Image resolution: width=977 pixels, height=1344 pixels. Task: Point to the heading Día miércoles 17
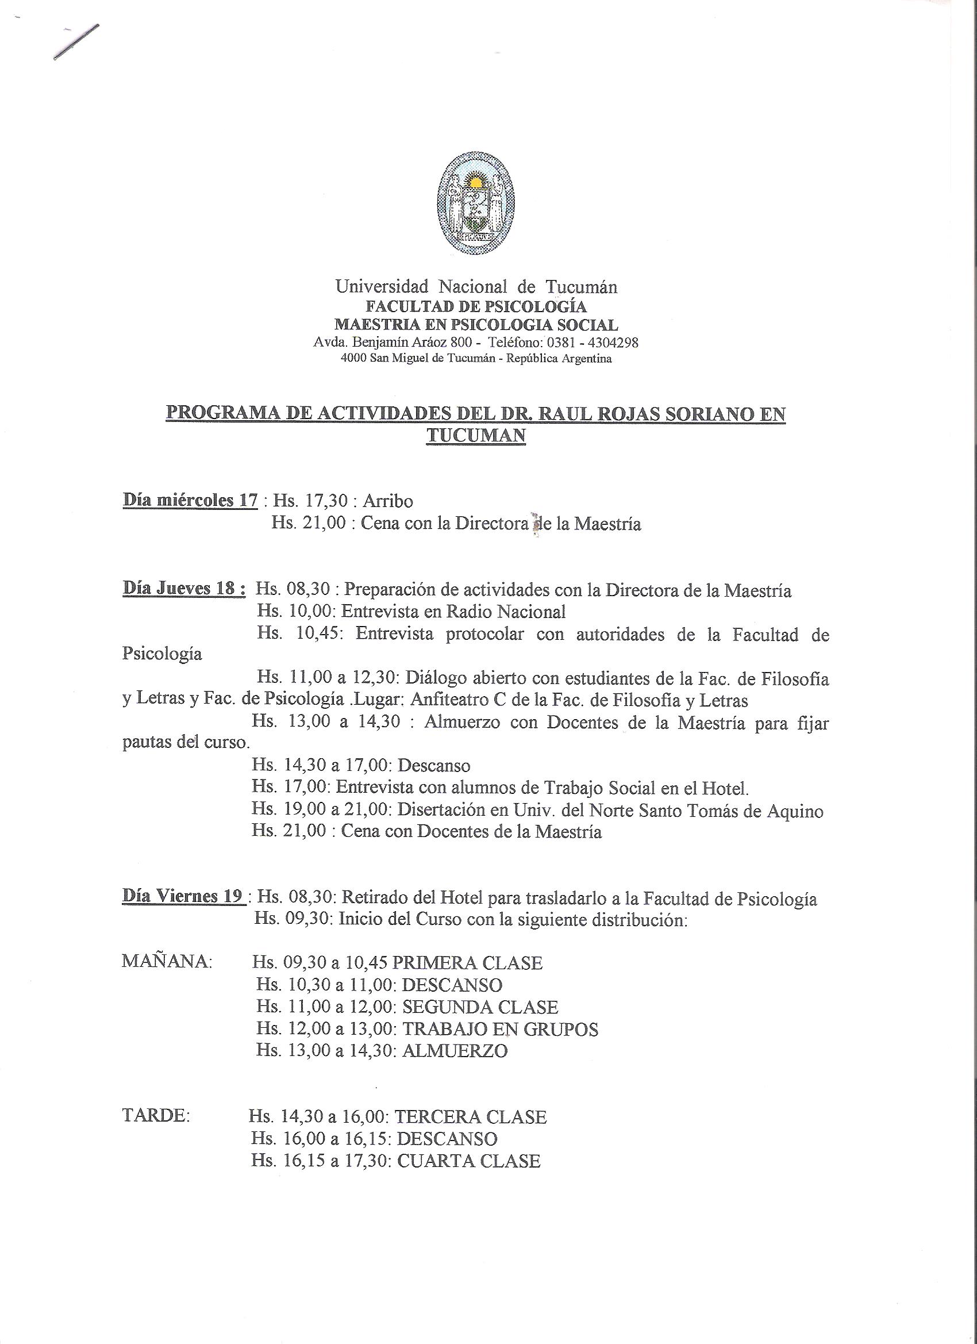point(190,501)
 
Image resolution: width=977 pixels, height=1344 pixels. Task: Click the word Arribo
point(387,501)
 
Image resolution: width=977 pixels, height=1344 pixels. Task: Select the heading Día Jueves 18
point(184,589)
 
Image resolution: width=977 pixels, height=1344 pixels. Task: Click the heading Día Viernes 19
point(183,896)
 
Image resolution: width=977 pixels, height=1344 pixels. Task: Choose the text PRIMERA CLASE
point(472,963)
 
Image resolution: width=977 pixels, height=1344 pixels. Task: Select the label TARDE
point(156,1117)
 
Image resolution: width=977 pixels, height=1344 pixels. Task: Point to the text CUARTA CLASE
point(468,1161)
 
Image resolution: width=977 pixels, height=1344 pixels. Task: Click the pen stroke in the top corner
point(76,41)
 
